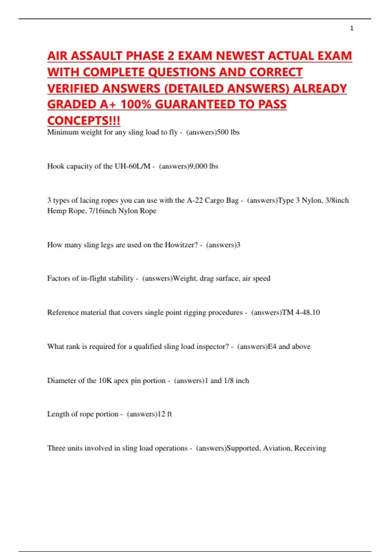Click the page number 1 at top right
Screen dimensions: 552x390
[x=352, y=28]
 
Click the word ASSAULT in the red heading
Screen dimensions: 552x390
[x=97, y=56]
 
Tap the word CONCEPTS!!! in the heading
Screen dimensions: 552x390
[x=84, y=121]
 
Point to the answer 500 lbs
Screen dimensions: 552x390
[x=228, y=132]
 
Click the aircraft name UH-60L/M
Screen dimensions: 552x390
[x=132, y=166]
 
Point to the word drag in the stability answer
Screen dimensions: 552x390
[x=206, y=278]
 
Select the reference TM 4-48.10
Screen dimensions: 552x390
[x=301, y=312]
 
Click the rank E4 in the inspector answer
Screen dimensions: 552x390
[x=272, y=346]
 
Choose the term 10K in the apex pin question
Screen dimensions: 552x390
[x=105, y=381]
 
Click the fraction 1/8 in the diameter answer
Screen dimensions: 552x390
[x=229, y=381]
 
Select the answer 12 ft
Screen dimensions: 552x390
[x=165, y=414]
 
